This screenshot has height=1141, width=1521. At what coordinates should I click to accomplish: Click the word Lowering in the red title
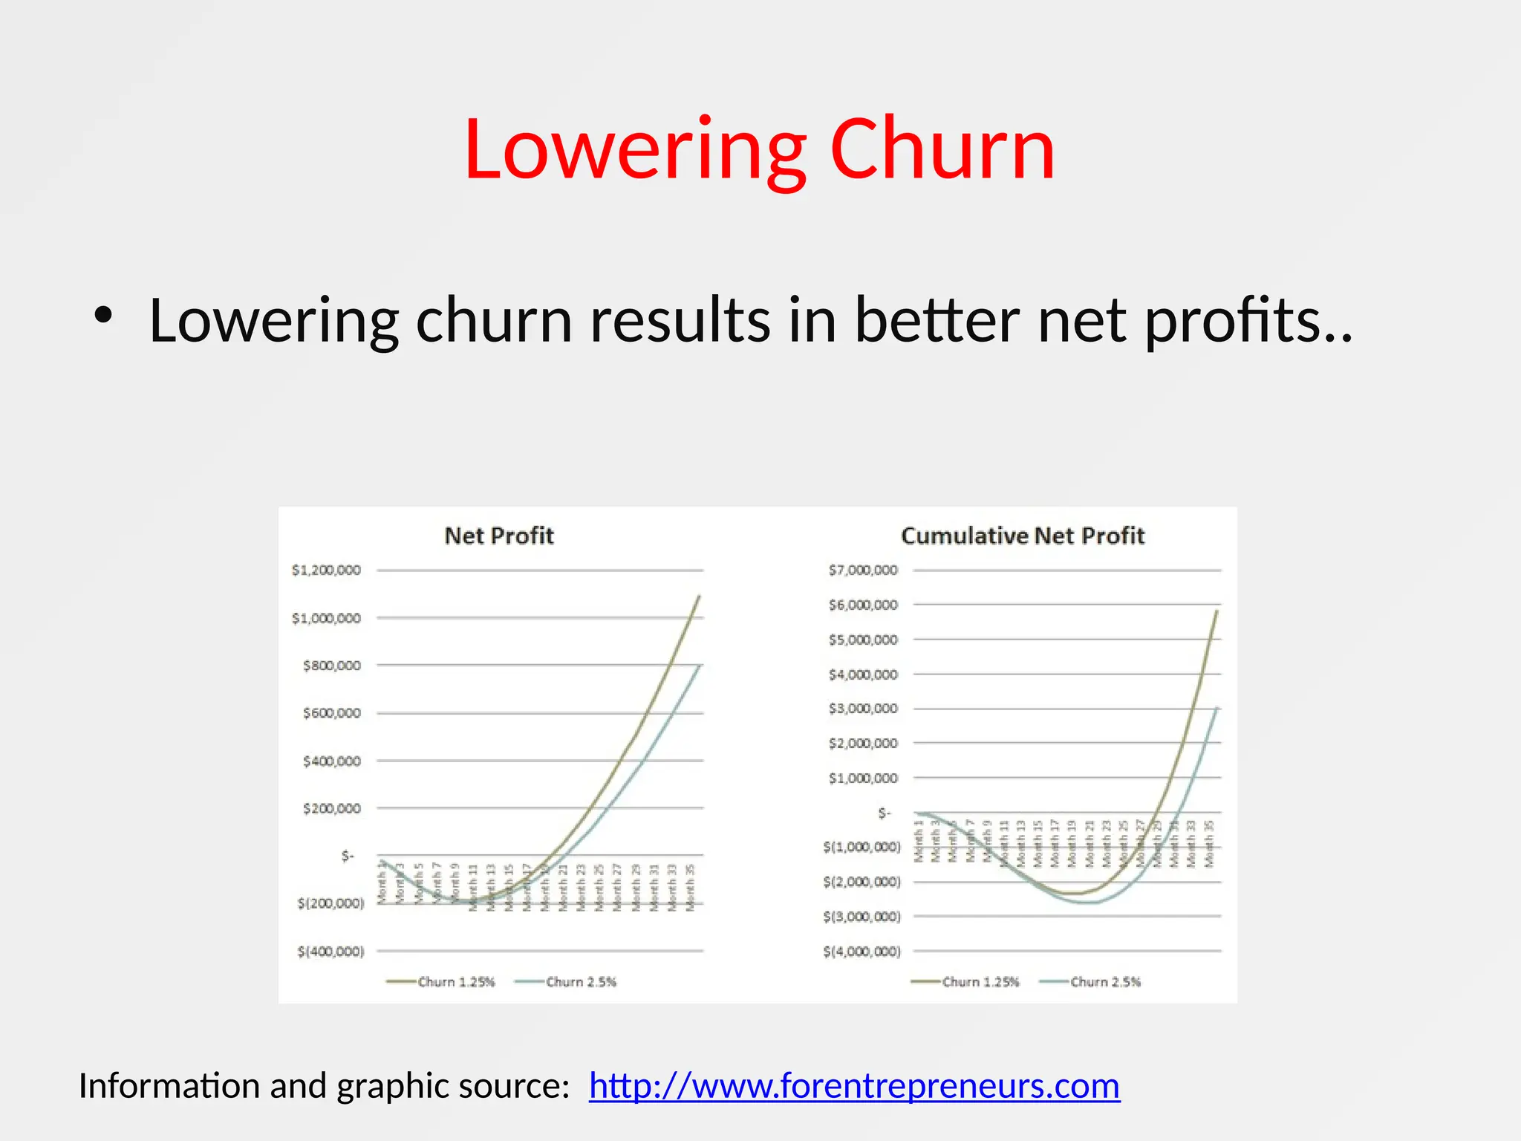(636, 151)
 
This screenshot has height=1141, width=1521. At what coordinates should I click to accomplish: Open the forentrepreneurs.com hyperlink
(854, 1086)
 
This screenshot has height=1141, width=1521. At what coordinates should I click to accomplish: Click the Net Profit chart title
(499, 536)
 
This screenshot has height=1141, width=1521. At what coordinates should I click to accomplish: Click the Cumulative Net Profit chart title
(1022, 536)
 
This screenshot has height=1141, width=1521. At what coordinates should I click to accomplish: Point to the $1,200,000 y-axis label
(326, 570)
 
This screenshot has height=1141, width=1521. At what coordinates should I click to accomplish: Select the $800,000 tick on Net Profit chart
(331, 666)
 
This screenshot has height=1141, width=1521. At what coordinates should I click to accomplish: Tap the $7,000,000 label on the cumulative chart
(863, 570)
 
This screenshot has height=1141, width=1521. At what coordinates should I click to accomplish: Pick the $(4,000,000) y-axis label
(862, 952)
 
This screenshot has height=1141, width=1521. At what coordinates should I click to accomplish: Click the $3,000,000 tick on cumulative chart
(863, 709)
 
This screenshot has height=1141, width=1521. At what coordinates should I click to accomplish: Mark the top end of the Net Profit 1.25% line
(699, 596)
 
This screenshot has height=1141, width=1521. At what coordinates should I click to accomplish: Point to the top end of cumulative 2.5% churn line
(1217, 709)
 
